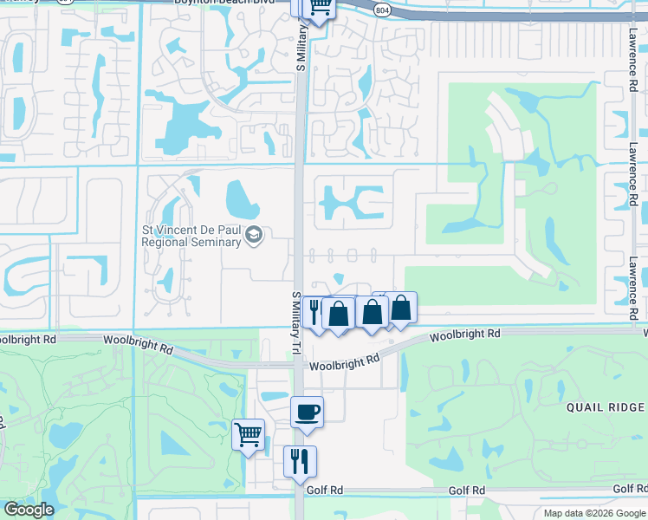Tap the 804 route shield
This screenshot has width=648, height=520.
click(x=381, y=8)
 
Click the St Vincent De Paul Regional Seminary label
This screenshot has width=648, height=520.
click(x=191, y=236)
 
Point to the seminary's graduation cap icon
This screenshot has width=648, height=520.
click(x=254, y=236)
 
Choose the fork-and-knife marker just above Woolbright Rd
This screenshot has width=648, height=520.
click(x=314, y=311)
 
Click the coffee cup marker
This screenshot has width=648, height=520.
click(x=307, y=412)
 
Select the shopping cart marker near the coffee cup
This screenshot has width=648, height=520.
click(x=248, y=432)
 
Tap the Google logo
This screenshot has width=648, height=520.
click(x=28, y=510)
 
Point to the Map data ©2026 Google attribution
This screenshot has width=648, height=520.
click(x=594, y=513)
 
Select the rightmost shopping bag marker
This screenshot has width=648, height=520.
click(x=401, y=308)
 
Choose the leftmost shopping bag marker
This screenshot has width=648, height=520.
click(x=339, y=313)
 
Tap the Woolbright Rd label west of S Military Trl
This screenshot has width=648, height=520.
click(x=138, y=343)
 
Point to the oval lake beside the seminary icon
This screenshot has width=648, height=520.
click(x=242, y=200)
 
